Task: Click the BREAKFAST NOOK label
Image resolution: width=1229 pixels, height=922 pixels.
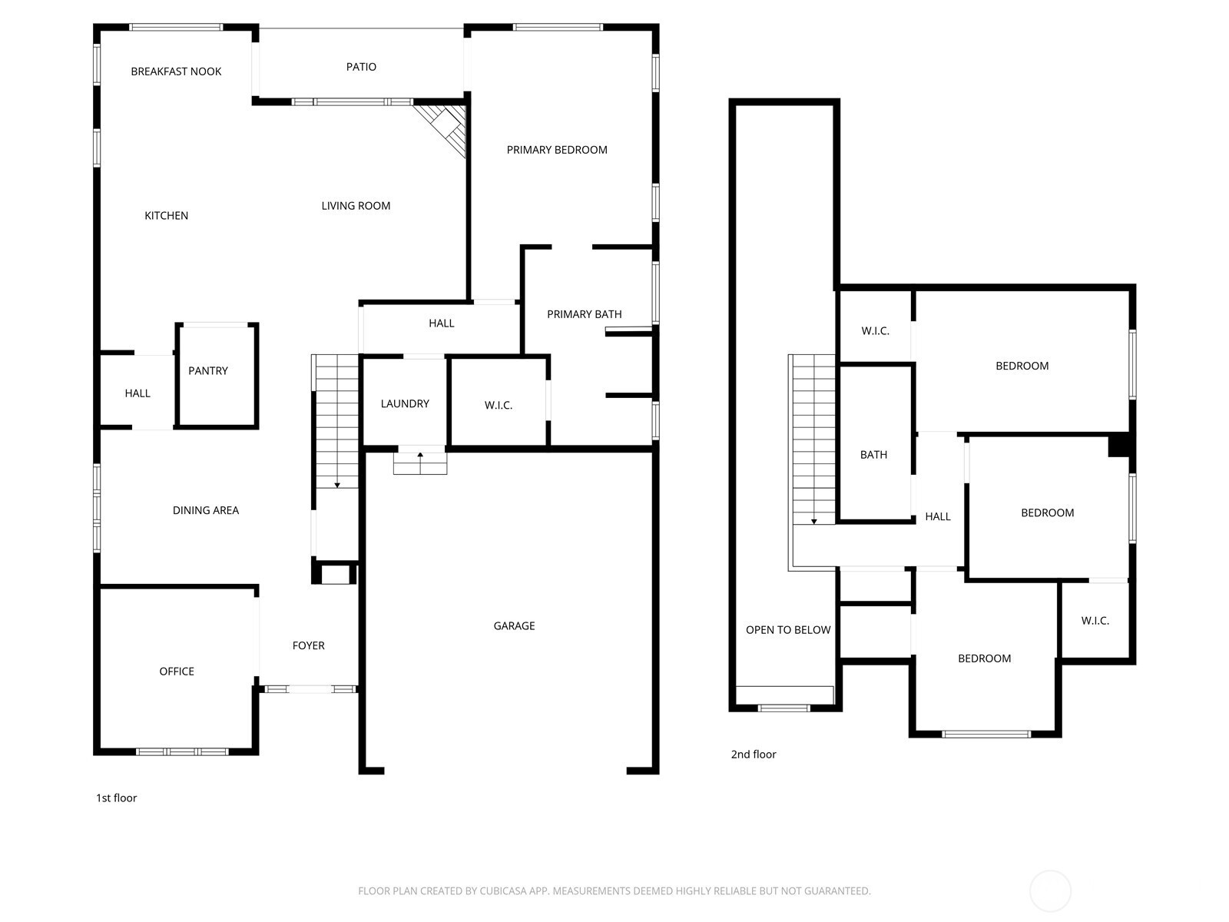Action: click(x=176, y=71)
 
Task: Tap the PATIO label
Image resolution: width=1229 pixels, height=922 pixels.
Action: click(x=361, y=67)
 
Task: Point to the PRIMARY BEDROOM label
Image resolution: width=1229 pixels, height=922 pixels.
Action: click(x=557, y=150)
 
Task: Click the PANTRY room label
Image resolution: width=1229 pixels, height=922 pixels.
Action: click(x=207, y=370)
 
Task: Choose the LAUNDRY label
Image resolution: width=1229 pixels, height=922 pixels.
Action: click(x=405, y=403)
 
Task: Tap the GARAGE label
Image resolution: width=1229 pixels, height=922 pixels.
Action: click(x=514, y=626)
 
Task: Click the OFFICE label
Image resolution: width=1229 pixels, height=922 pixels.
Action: click(x=177, y=672)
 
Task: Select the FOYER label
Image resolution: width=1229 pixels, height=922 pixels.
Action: click(x=309, y=645)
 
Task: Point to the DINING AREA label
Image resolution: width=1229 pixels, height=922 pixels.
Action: click(x=206, y=510)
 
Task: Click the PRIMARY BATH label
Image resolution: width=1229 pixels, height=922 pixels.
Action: click(x=584, y=314)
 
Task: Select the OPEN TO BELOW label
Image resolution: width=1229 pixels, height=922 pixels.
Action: click(x=788, y=630)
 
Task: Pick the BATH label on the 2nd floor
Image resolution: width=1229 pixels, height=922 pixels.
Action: click(x=873, y=455)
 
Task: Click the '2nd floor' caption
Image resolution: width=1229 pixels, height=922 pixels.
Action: click(x=753, y=754)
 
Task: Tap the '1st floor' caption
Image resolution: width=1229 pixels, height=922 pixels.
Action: click(x=117, y=798)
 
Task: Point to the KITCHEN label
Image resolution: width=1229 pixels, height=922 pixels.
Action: click(x=166, y=216)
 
